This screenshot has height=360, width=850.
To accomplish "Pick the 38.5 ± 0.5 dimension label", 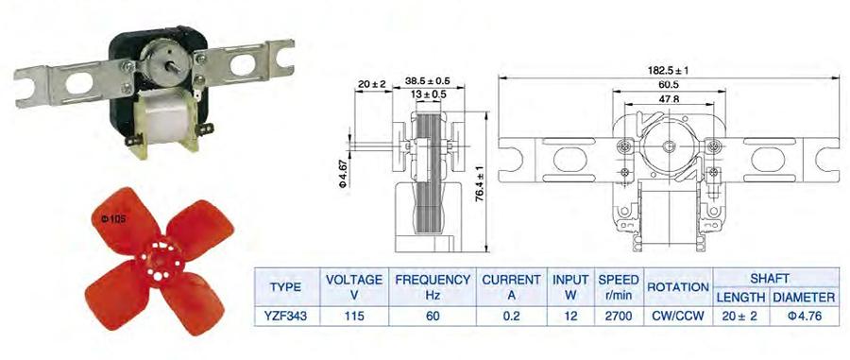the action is tap(428, 81).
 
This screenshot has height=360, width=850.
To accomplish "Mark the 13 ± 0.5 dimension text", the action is tap(428, 94).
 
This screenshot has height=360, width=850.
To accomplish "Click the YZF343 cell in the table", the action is tap(287, 317).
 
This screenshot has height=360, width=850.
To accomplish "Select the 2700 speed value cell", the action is tap(619, 317).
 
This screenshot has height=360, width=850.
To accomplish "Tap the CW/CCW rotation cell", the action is tap(678, 317).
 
